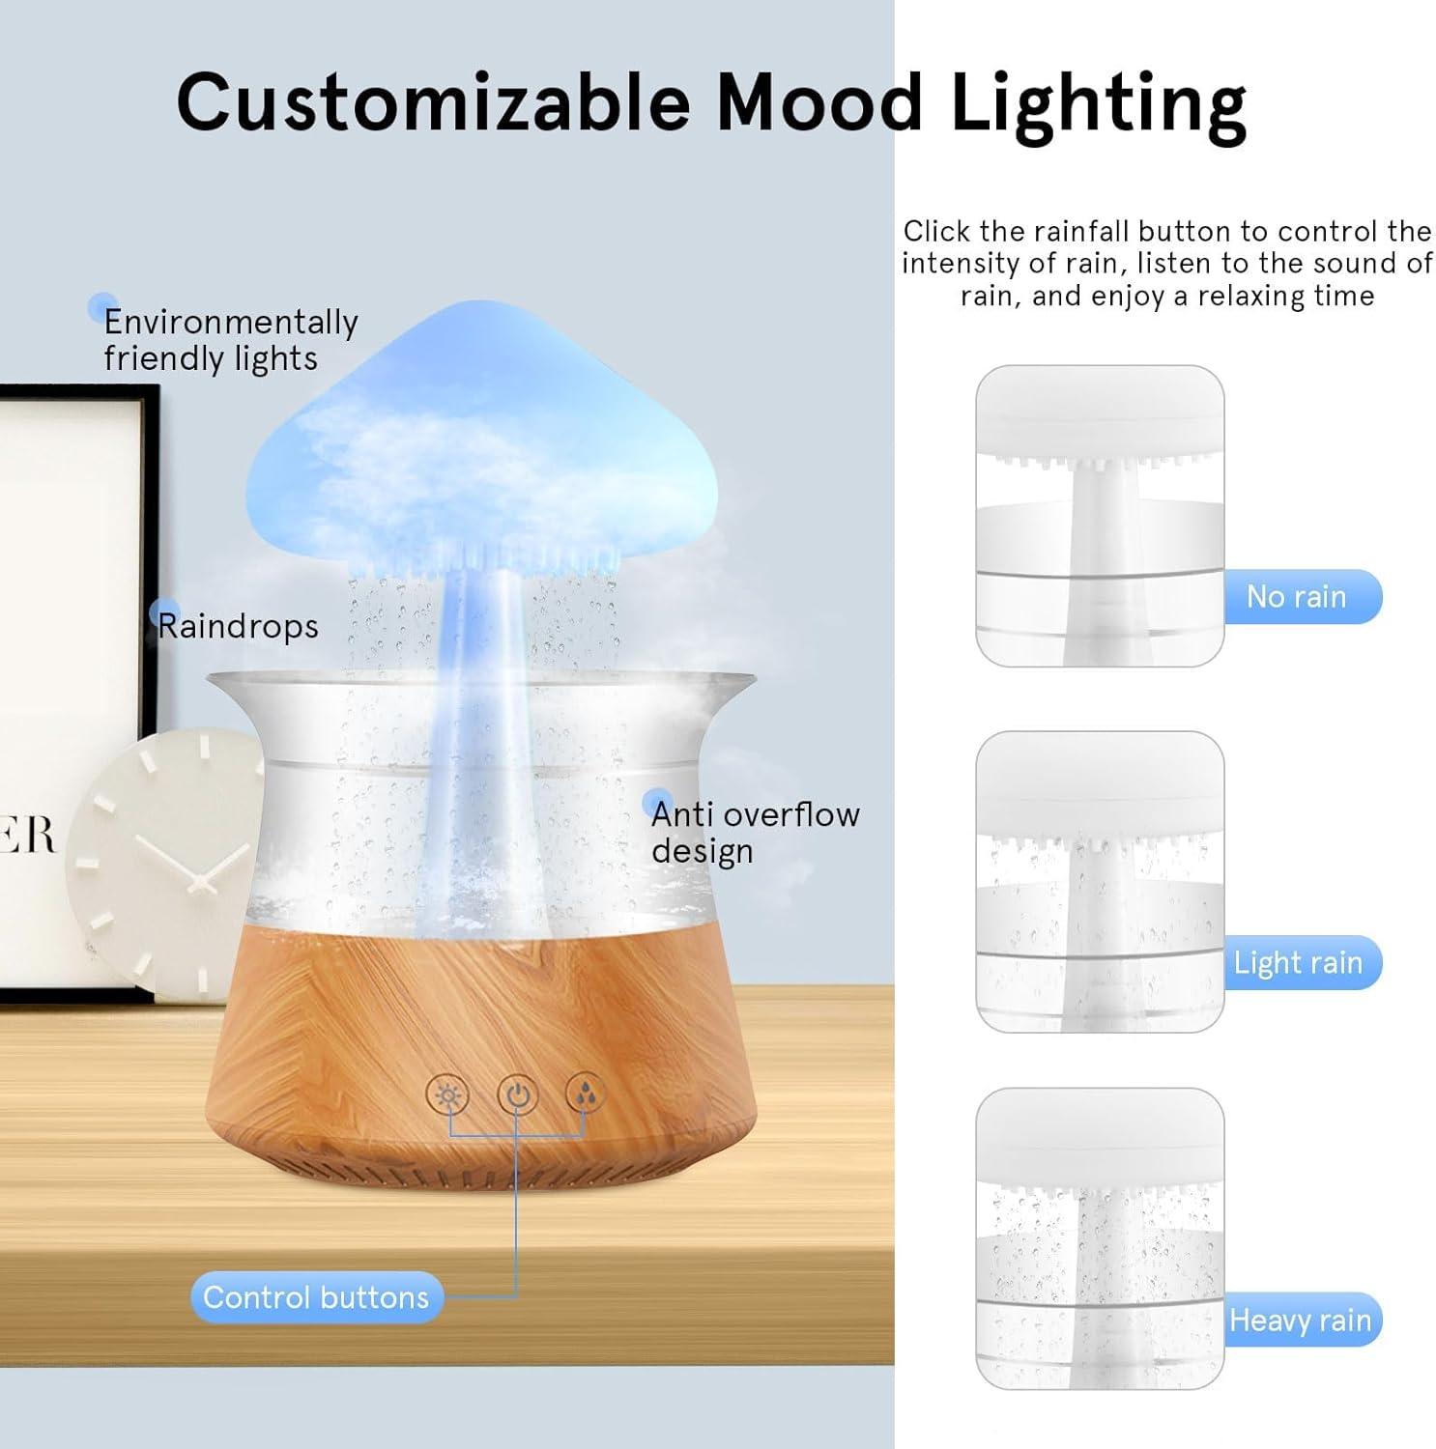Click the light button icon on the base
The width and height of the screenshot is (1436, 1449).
click(448, 1095)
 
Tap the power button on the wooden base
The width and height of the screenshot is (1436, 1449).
click(518, 1095)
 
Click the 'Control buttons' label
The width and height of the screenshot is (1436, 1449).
click(316, 1296)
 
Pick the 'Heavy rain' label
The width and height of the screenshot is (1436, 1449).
click(1302, 1320)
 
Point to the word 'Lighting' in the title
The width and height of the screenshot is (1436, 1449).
click(1099, 106)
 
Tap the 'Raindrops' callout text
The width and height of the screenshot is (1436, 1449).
click(238, 626)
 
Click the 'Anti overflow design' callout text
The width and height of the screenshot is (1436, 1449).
click(755, 833)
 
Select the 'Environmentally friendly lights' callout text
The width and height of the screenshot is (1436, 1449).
click(230, 339)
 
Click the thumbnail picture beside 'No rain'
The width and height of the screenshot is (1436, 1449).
click(1100, 516)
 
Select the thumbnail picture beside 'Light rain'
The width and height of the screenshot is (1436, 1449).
click(1100, 882)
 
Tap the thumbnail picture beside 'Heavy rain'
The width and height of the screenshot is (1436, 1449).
click(1100, 1238)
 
